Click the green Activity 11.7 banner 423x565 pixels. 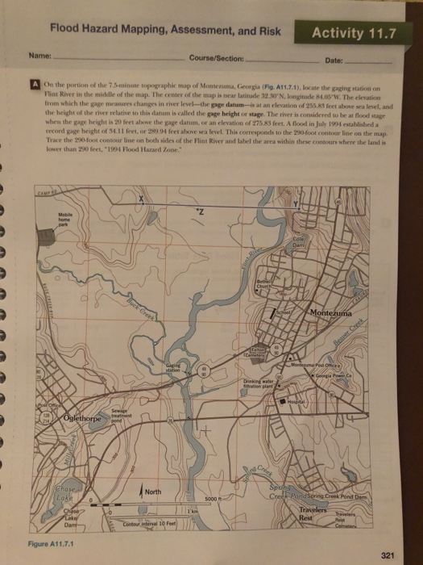point(355,34)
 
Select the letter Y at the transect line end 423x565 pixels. point(299,201)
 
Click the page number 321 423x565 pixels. point(386,554)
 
